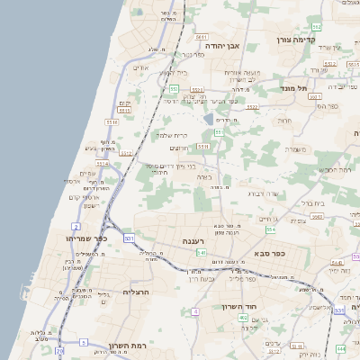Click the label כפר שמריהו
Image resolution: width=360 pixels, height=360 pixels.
(x=86, y=238)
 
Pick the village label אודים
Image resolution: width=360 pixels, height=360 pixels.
(x=141, y=67)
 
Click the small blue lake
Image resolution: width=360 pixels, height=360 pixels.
(x=208, y=118)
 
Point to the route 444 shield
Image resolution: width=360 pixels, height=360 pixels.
(x=340, y=348)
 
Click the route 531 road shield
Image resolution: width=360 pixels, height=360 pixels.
(x=130, y=238)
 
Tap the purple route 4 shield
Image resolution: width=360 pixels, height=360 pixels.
(x=195, y=311)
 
